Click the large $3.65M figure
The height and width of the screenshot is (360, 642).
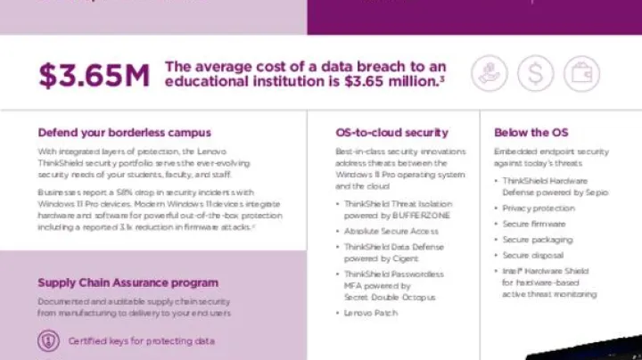[x=94, y=75]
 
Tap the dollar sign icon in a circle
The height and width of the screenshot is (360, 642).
[x=535, y=73]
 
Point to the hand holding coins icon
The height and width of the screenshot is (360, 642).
[x=489, y=73]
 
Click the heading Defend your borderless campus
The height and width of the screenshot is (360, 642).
[x=124, y=133]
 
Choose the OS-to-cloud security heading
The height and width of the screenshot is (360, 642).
[x=391, y=133]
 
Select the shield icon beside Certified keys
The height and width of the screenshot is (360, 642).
[x=48, y=340]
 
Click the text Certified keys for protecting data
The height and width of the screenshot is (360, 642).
[x=141, y=340]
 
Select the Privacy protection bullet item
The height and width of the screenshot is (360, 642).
[x=538, y=208]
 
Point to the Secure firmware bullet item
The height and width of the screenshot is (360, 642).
[x=533, y=224]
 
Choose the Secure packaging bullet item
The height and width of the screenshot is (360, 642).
[x=536, y=240]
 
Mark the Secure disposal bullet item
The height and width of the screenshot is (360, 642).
[x=533, y=255]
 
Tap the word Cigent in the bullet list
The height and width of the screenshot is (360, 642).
[x=405, y=258]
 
